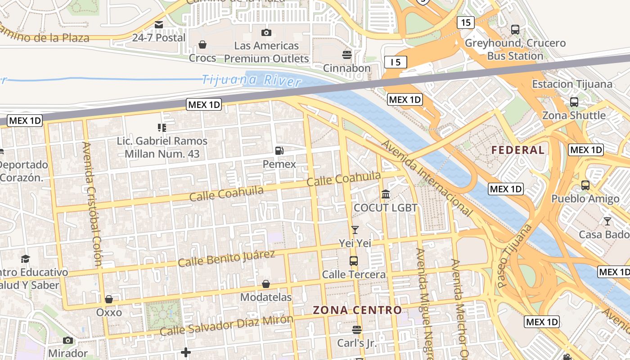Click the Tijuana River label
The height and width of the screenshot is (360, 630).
click(251, 81)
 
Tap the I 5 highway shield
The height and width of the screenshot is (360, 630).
click(396, 62)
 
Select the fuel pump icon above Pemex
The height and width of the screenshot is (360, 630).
click(279, 151)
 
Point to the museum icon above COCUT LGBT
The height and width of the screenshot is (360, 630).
click(386, 194)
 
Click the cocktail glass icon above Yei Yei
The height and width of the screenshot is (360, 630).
click(355, 230)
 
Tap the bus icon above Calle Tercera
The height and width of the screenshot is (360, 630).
click(354, 261)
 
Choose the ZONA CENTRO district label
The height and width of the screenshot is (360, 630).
click(357, 310)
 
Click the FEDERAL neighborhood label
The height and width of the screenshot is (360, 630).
click(518, 150)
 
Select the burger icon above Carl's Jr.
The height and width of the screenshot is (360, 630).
click(357, 330)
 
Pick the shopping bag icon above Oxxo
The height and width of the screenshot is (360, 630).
click(109, 299)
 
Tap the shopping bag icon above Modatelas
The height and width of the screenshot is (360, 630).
click(266, 284)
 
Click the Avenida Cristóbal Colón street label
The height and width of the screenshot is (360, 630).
click(92, 203)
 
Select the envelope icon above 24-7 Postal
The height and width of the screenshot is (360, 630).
click(159, 25)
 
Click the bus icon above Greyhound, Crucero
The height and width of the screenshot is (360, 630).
click(515, 30)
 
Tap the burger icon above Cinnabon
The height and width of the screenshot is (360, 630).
click(346, 55)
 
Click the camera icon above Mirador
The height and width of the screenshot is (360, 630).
click(68, 340)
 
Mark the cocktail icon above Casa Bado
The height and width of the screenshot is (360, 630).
click(607, 221)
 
